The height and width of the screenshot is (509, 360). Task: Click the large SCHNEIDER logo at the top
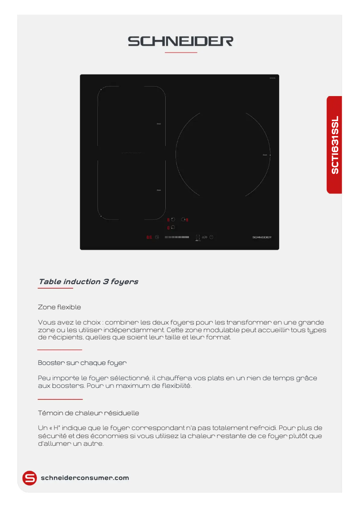(x=180, y=41)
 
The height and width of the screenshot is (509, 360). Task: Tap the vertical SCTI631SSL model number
(x=335, y=145)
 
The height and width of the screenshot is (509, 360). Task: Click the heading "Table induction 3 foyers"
(x=88, y=282)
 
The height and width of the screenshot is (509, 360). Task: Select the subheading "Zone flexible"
(x=60, y=307)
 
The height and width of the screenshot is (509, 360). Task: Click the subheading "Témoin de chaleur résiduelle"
(x=88, y=412)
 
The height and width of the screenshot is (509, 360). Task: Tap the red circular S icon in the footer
(x=30, y=478)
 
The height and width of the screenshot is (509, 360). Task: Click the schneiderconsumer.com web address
(x=85, y=478)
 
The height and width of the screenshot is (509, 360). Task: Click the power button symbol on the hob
(x=211, y=237)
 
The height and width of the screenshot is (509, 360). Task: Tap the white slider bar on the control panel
(x=177, y=237)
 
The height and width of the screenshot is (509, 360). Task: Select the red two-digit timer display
(x=149, y=237)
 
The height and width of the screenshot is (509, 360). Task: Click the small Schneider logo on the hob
(x=262, y=237)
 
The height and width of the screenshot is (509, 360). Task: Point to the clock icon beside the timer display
(x=157, y=237)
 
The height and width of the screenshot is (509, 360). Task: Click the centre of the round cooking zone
(x=223, y=154)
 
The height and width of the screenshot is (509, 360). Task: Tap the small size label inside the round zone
(x=265, y=155)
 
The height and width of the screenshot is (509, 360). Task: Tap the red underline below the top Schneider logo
(x=181, y=53)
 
